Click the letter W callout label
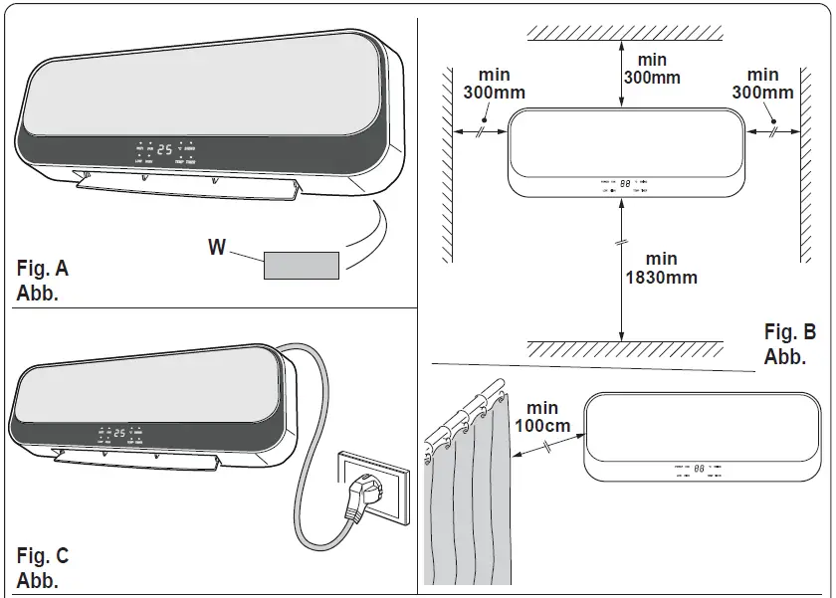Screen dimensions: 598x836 216,247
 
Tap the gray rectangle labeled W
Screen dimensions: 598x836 301,265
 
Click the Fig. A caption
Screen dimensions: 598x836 43,280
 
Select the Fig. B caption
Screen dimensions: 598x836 789,343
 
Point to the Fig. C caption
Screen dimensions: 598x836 43,567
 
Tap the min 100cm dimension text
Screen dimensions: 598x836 542,418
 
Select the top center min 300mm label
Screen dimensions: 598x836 652,67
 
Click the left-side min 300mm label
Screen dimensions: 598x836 495,84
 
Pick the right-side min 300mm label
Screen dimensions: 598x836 762,84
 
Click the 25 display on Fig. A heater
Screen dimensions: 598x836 164,150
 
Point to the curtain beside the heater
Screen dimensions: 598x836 468,498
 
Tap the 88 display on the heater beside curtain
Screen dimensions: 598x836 700,467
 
